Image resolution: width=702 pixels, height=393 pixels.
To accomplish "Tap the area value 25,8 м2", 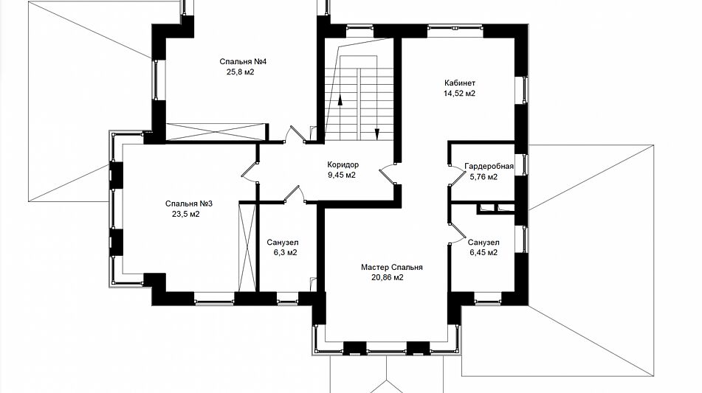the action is click(x=241, y=72).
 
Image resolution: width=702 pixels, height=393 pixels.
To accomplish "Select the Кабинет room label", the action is click(x=460, y=83).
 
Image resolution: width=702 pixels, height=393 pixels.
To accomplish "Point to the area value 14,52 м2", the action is click(x=459, y=94).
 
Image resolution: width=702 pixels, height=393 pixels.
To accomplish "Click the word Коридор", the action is click(x=343, y=164).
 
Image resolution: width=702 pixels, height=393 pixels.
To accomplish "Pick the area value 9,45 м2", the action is click(x=342, y=175).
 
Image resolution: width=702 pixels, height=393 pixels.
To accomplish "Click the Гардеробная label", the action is click(x=489, y=167).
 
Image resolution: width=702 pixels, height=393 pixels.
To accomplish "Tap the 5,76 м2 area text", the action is click(x=484, y=177).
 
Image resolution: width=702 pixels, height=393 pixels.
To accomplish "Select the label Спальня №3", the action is click(x=189, y=204).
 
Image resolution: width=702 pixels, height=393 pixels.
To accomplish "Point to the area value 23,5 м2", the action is click(x=186, y=214).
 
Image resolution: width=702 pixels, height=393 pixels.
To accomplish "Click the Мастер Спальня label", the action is click(x=392, y=268).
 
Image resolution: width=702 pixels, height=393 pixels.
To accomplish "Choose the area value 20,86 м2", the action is click(x=388, y=278).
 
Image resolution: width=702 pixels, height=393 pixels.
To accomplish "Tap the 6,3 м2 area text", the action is click(x=286, y=253).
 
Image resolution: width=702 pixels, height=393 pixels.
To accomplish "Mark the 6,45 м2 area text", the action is click(x=484, y=253).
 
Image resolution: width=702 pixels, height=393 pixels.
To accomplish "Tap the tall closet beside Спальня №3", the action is click(x=247, y=247).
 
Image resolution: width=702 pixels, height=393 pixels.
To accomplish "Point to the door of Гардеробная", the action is click(x=457, y=175).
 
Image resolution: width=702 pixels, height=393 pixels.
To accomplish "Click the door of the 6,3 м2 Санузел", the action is click(x=294, y=194).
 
